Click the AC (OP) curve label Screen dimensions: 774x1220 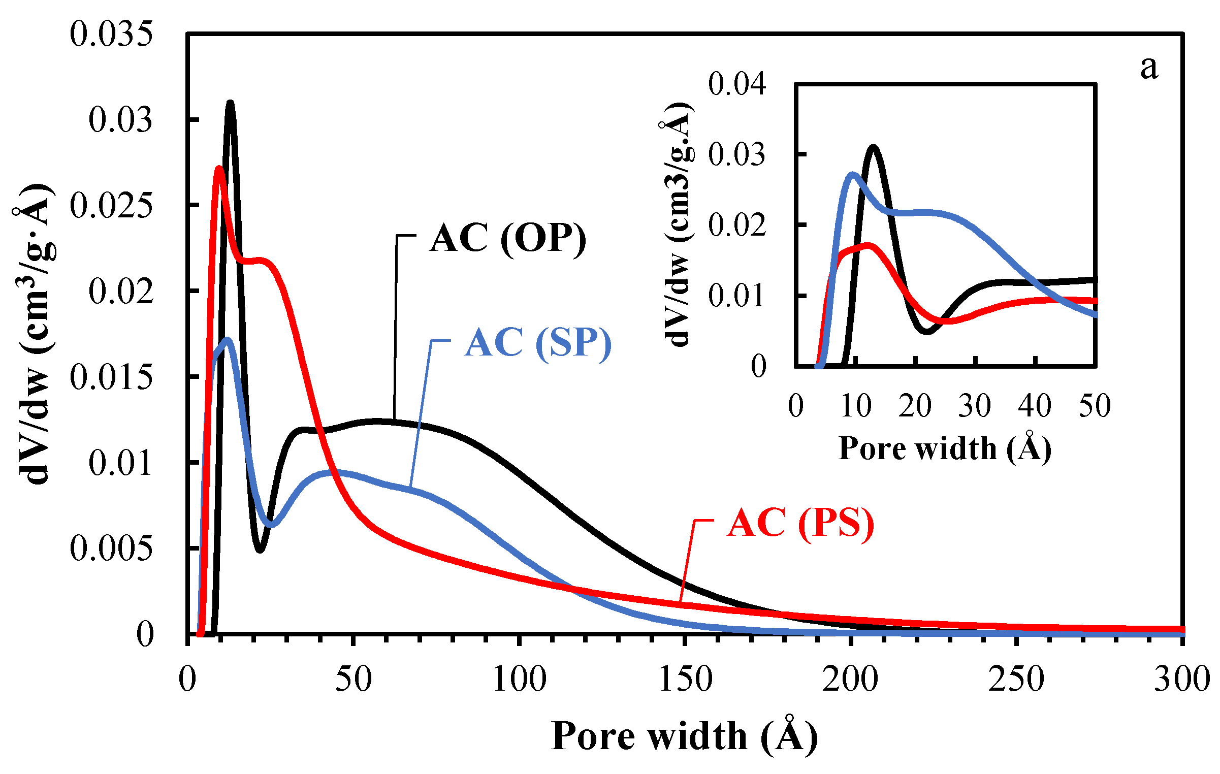click(x=507, y=238)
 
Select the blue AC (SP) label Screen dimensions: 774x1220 click(x=538, y=343)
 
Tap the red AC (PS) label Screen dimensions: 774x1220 click(x=800, y=523)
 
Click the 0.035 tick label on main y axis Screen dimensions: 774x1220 click(x=111, y=35)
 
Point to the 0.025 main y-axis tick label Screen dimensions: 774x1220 click(x=111, y=206)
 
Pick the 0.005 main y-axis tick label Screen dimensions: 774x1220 click(x=111, y=549)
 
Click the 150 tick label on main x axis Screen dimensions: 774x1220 click(x=685, y=679)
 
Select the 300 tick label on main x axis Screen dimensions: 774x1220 click(x=1181, y=679)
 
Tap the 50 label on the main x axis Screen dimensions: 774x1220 click(x=354, y=679)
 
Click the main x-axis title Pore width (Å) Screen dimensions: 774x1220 click(x=685, y=736)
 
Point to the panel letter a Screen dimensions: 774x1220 click(x=1149, y=67)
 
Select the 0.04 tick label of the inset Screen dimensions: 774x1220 click(x=736, y=84)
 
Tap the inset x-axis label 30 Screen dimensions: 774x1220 click(x=974, y=406)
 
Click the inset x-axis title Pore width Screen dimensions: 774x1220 click(x=945, y=448)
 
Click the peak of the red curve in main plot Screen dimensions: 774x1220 click(x=219, y=169)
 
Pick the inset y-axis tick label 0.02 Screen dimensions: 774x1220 click(x=736, y=225)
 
